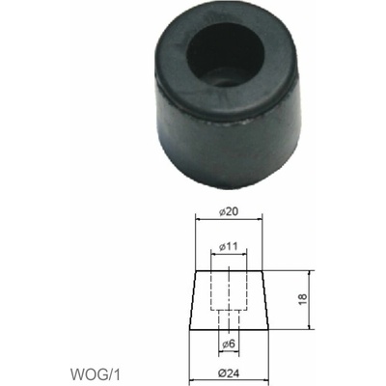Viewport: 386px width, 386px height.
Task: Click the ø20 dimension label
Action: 229,212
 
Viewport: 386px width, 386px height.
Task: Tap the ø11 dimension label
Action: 229,247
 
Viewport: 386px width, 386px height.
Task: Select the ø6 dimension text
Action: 229,345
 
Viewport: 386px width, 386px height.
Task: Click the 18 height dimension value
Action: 303,299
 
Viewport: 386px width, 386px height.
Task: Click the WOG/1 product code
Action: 95,374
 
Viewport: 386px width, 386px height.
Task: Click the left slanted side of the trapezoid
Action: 193,300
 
